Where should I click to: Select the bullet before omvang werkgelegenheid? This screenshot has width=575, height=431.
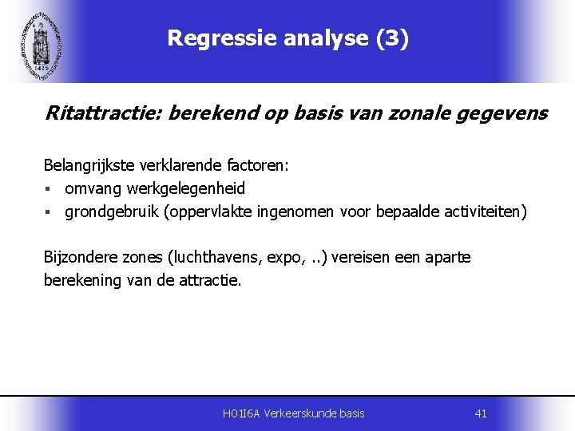tap(48, 190)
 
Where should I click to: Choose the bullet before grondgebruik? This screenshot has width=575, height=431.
tap(48, 213)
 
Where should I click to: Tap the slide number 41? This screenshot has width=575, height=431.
tap(480, 413)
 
